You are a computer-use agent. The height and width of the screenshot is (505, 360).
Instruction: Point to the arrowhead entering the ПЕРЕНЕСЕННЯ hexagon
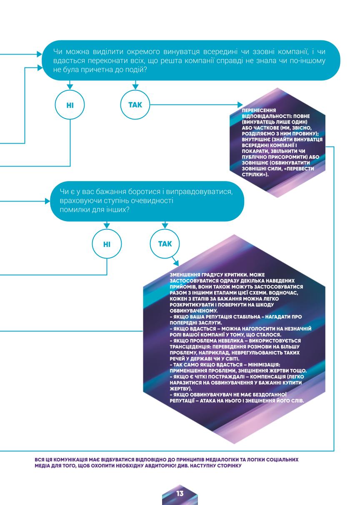(x=240, y=104)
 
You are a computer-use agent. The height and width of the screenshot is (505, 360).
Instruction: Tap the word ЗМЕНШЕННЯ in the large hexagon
(x=183, y=275)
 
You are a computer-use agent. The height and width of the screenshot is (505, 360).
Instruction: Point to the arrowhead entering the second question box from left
(x=47, y=201)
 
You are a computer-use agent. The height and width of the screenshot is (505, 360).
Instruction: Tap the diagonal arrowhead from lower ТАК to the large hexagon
(x=176, y=263)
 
